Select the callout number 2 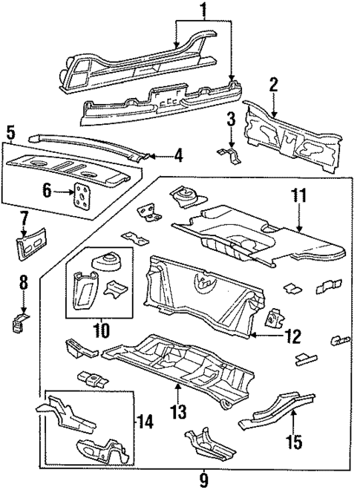tap(274, 84)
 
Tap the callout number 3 tap(231, 119)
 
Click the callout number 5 tap(10, 134)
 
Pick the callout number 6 tap(46, 191)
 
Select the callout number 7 tap(24, 218)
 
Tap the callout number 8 tap(24, 282)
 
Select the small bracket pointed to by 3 tap(229, 154)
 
